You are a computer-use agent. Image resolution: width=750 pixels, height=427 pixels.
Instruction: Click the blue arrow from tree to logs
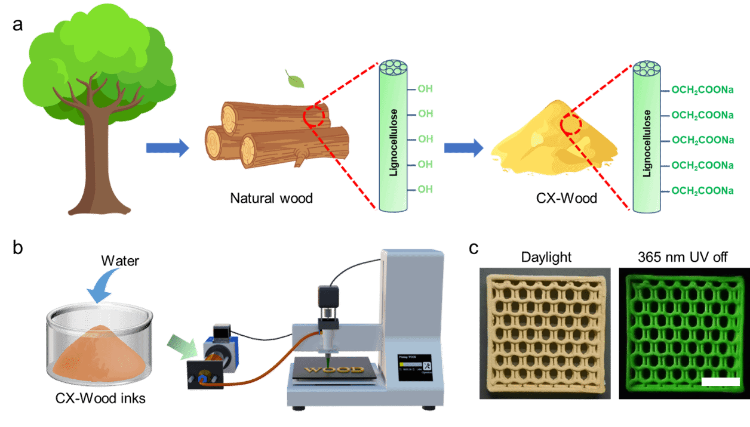(x=167, y=148)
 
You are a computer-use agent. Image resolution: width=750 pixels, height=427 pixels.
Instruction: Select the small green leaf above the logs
(x=294, y=79)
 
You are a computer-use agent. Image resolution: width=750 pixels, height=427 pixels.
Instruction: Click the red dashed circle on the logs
(x=314, y=115)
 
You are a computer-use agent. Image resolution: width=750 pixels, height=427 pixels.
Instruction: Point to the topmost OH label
(x=425, y=89)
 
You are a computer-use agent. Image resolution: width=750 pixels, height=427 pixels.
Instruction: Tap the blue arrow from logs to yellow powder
(x=463, y=148)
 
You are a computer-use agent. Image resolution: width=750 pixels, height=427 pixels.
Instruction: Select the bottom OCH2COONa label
(x=702, y=191)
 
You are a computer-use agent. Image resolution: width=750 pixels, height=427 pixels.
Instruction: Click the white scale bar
(x=720, y=381)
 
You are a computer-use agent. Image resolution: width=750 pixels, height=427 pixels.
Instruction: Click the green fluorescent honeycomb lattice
(x=681, y=332)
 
